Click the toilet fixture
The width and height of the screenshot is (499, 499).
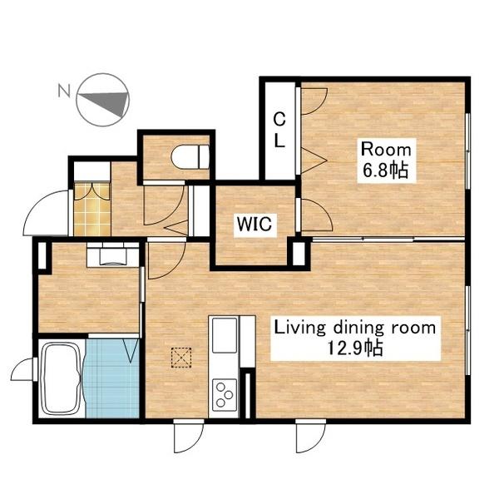pos(190,156)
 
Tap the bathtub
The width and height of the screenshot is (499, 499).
pos(61,378)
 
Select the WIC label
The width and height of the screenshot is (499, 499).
pos(254,224)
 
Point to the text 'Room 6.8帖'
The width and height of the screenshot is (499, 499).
pos(386,161)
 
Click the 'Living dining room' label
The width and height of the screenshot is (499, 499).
pos(355,328)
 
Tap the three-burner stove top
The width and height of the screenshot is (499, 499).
pos(224,393)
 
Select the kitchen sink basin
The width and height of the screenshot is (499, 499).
pos(225,335)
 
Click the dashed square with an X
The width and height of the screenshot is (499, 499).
pos(181,358)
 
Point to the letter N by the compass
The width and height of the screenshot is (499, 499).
pos(64,91)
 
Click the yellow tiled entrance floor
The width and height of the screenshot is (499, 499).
pos(92,209)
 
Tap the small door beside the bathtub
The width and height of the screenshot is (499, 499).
pos(22,369)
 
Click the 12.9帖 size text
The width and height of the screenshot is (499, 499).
pos(355,348)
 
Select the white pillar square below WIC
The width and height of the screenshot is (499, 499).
pos(299,254)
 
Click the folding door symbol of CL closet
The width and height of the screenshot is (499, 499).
pos(314,161)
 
